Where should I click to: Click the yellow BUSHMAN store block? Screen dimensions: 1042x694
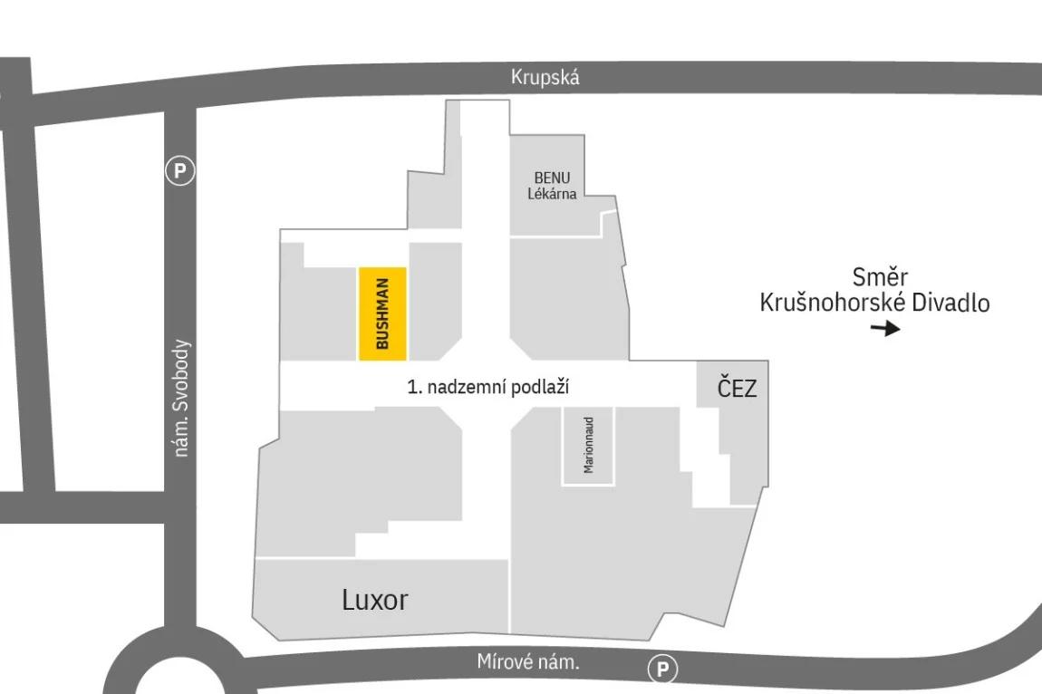click(x=382, y=313)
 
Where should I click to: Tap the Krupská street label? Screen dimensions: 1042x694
click(x=545, y=77)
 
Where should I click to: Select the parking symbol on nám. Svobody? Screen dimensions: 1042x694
click(x=180, y=171)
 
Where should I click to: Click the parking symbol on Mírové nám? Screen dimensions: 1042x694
click(x=662, y=669)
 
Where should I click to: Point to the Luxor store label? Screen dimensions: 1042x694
click(x=375, y=600)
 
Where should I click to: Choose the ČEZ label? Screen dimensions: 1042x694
click(x=737, y=387)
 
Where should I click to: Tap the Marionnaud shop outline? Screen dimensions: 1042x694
click(x=588, y=446)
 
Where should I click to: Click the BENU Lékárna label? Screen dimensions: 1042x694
click(x=552, y=186)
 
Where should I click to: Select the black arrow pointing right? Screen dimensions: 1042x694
click(x=885, y=328)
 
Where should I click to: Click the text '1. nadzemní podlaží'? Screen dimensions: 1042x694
click(x=488, y=387)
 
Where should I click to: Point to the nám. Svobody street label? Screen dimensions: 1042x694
click(x=181, y=398)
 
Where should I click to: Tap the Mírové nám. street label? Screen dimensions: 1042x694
click(x=528, y=662)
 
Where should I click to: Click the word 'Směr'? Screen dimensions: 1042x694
click(x=880, y=276)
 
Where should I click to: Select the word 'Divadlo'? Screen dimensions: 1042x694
click(x=950, y=303)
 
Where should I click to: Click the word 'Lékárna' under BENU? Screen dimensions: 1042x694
click(x=552, y=194)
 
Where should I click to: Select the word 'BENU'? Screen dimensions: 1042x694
click(x=552, y=178)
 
